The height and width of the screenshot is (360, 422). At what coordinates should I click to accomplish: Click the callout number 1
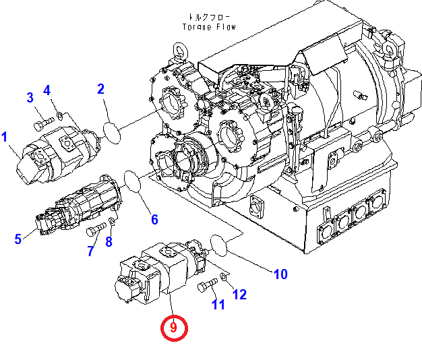[5, 138]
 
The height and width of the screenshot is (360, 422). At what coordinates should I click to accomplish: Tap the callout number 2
[100, 88]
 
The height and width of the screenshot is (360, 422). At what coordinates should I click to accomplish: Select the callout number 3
[30, 98]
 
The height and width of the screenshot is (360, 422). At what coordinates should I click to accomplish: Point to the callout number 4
[47, 90]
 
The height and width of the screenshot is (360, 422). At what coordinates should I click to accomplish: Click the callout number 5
[18, 237]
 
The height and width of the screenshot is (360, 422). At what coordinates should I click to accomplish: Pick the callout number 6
[154, 219]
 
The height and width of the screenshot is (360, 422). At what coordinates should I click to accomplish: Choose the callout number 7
[91, 251]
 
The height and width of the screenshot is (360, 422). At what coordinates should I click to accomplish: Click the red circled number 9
[173, 328]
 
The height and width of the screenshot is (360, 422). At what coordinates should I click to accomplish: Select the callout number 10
[280, 274]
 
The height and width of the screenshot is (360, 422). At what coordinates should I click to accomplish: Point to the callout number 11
[218, 305]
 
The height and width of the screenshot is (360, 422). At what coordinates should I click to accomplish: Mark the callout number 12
[239, 294]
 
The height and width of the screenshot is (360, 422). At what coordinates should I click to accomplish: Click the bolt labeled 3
[42, 123]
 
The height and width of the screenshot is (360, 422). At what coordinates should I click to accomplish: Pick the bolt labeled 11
[206, 287]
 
